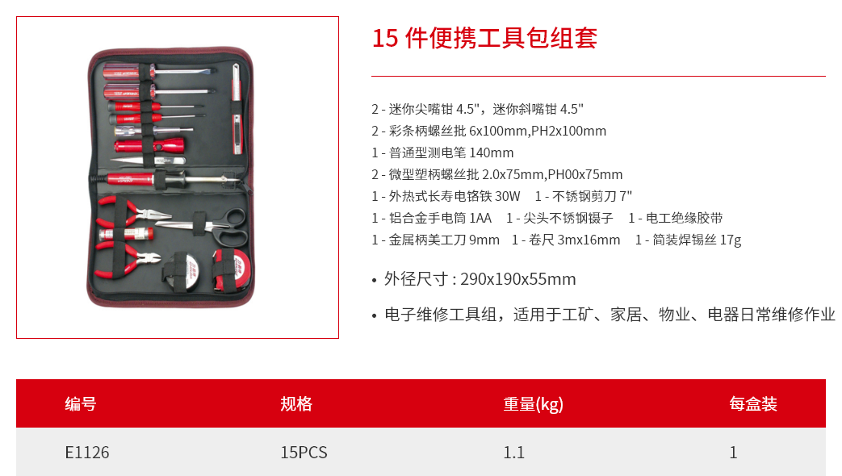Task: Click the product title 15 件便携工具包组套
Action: click(x=484, y=38)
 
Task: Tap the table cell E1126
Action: click(x=87, y=453)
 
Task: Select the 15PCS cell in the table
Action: click(x=304, y=453)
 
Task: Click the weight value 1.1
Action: click(x=514, y=453)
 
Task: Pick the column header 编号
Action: click(x=81, y=403)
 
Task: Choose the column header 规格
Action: click(x=296, y=403)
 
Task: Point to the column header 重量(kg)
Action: click(x=534, y=403)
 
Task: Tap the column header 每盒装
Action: click(x=753, y=403)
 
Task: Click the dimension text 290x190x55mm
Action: click(x=518, y=279)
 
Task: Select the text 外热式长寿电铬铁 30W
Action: click(x=455, y=196)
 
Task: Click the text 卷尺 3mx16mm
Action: click(x=575, y=240)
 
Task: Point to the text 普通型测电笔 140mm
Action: click(x=451, y=153)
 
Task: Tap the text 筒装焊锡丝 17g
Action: click(x=697, y=240)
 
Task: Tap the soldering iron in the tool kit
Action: click(x=166, y=179)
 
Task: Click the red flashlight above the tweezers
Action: click(x=149, y=145)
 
